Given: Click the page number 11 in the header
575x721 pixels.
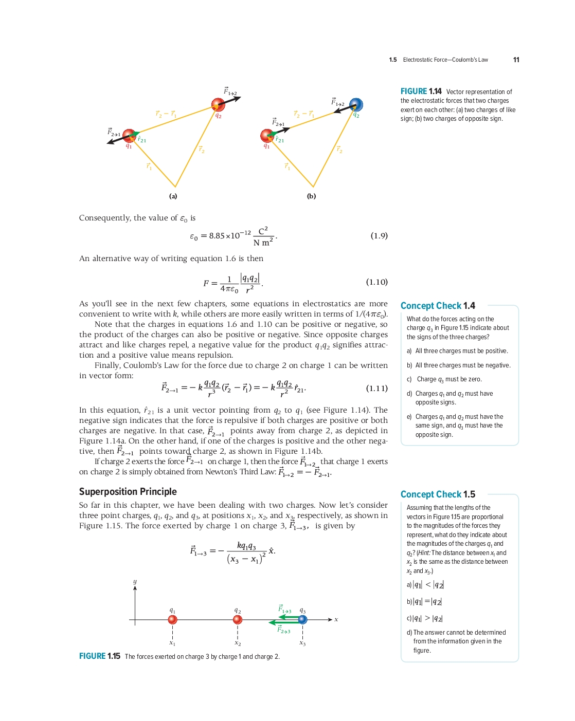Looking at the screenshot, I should pyautogui.click(x=516, y=60).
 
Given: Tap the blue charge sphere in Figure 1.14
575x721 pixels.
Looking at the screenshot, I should pyautogui.click(x=356, y=105).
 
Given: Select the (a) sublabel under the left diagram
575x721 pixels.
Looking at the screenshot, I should pyautogui.click(x=173, y=196).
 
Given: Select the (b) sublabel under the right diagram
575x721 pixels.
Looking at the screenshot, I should pyautogui.click(x=311, y=196).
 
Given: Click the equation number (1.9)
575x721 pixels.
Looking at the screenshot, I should pyautogui.click(x=379, y=236).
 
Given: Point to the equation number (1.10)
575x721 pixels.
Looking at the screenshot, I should pyautogui.click(x=377, y=282).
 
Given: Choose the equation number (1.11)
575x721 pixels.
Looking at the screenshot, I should pyautogui.click(x=377, y=389).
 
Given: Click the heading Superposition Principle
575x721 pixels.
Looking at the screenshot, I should pyautogui.click(x=128, y=492).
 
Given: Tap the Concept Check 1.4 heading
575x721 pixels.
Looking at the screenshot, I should pyautogui.click(x=438, y=306).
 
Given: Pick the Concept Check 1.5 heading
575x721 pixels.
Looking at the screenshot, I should pyautogui.click(x=438, y=494).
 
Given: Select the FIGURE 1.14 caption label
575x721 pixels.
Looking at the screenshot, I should pyautogui.click(x=421, y=91).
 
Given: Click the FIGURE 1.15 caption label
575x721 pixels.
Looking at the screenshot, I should pyautogui.click(x=100, y=656).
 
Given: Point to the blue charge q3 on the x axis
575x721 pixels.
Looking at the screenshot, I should pyautogui.click(x=302, y=620).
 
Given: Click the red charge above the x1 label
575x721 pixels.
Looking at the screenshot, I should pyautogui.click(x=172, y=620).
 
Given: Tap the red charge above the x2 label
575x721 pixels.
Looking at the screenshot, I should pyautogui.click(x=238, y=620).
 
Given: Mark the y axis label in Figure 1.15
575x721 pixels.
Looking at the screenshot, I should pyautogui.click(x=135, y=582).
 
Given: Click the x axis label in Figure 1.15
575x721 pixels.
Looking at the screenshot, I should pyautogui.click(x=336, y=620).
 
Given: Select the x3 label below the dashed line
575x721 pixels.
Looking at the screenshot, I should pyautogui.click(x=302, y=643).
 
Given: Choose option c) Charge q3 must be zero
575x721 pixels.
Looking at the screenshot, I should pyautogui.click(x=444, y=379).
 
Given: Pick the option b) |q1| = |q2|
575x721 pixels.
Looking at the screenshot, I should pyautogui.click(x=424, y=602).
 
